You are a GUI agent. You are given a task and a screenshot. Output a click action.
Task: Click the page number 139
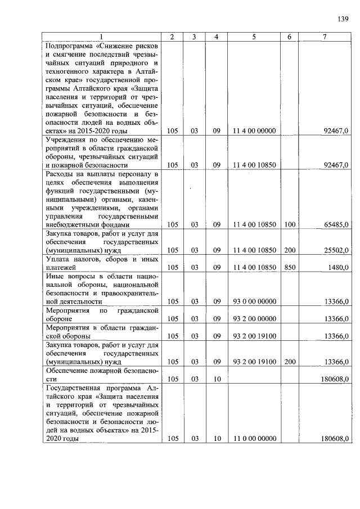tap(343, 19)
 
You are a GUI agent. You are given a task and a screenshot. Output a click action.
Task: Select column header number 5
tap(254, 37)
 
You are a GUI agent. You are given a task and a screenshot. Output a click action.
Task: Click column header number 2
tap(172, 37)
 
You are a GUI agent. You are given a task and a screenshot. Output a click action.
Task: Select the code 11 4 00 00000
tap(254, 130)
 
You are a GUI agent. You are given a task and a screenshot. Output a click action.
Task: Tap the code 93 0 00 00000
tap(254, 301)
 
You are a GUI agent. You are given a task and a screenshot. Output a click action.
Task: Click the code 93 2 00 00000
tap(254, 319)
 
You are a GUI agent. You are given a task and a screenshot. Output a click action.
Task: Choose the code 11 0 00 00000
tap(254, 439)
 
